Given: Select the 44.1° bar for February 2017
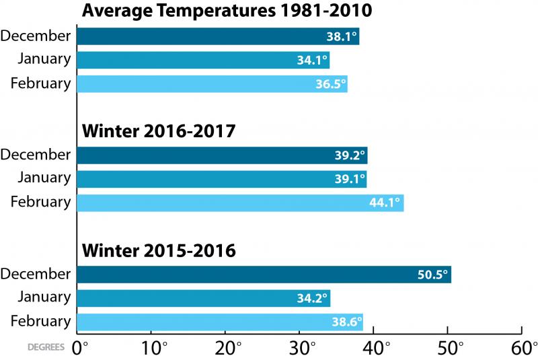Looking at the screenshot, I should point(240,202).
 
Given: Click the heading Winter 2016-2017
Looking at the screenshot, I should point(158,131).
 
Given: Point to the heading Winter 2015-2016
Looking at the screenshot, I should point(158,251).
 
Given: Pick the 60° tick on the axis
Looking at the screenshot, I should point(524,349).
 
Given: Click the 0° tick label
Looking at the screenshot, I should point(81,349).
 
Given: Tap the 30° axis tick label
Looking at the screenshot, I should point(302,349).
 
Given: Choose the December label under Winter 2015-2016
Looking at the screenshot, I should point(36,274).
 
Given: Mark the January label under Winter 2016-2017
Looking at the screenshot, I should point(44,178).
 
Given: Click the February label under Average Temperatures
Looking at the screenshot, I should point(40,83).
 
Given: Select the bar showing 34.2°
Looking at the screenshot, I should point(203,298).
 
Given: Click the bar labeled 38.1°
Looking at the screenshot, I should point(218,36).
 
